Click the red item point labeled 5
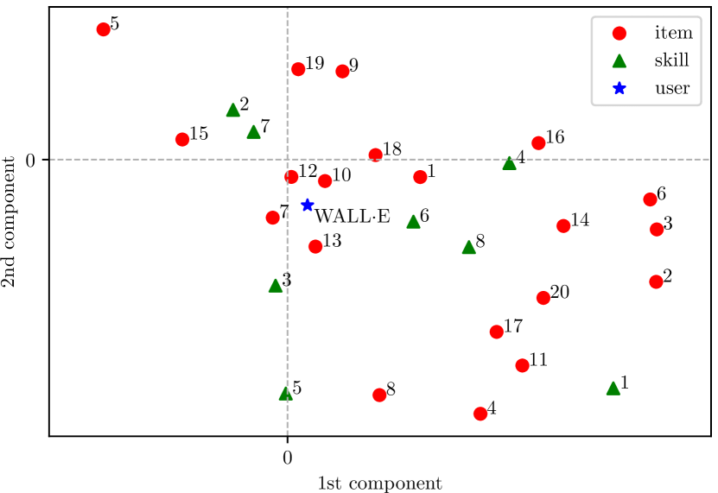[104, 29]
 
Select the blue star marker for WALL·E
[307, 205]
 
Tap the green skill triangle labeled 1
[613, 389]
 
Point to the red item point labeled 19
[298, 69]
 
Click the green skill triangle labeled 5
[286, 394]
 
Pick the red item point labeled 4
[480, 414]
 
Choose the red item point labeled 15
[182, 139]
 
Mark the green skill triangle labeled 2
[232, 111]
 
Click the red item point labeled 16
[538, 142]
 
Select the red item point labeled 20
[543, 298]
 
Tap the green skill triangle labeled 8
[469, 248]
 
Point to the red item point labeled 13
[315, 246]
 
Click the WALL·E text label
[352, 217]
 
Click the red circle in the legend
[619, 34]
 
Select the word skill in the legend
[672, 60]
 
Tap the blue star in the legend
[619, 87]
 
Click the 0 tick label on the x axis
[287, 457]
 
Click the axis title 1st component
[380, 483]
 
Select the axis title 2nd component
[10, 222]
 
